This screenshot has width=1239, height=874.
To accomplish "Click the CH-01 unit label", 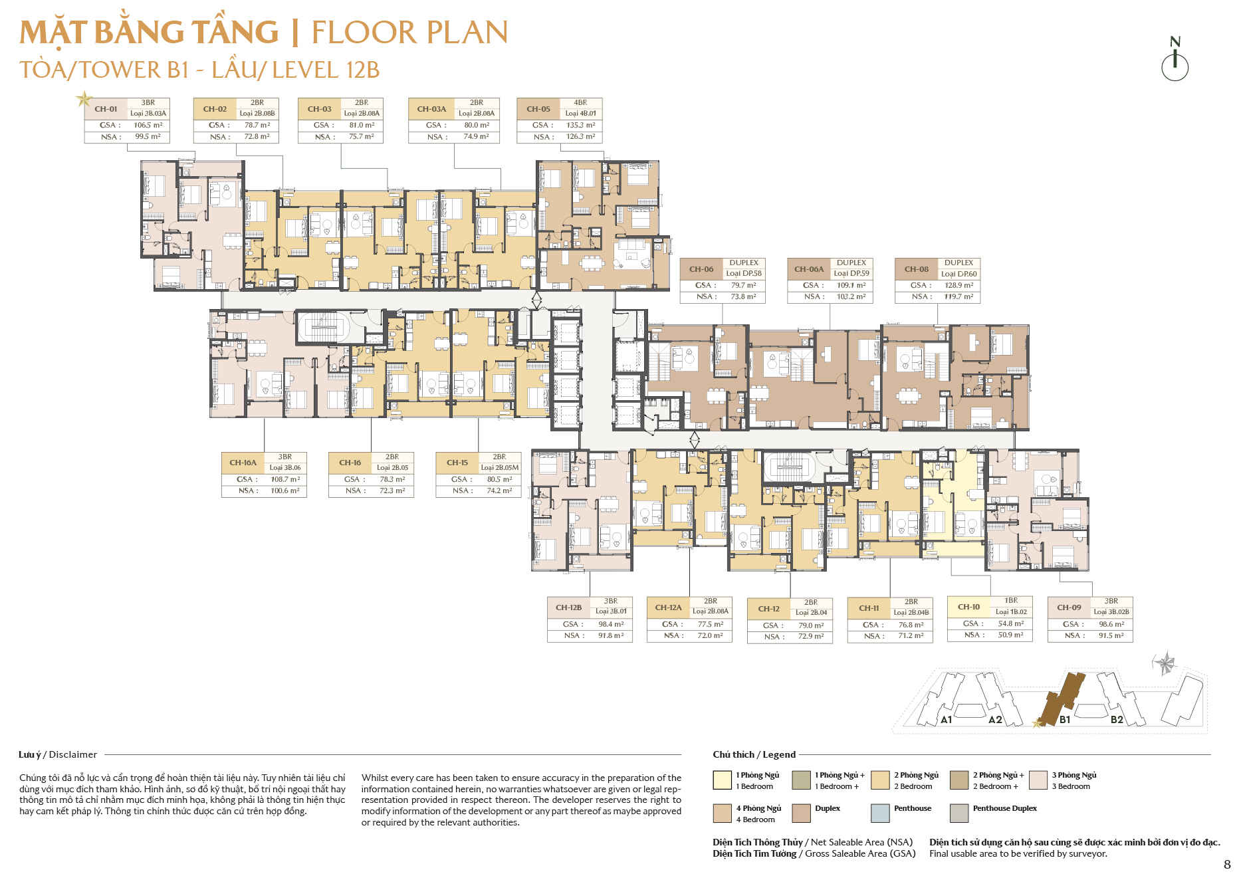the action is [x=106, y=109].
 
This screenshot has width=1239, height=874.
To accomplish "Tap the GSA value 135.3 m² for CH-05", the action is [x=581, y=125].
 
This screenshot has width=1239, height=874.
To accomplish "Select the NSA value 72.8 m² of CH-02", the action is [x=257, y=137].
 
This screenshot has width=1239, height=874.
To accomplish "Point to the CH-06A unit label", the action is [x=809, y=269].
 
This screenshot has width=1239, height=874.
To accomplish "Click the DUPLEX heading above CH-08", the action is [x=958, y=263].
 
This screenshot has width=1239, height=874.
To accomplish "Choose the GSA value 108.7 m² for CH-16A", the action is [x=285, y=479].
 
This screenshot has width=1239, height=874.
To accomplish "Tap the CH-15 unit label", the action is [x=457, y=463].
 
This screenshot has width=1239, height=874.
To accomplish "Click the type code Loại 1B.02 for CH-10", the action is [x=1011, y=611].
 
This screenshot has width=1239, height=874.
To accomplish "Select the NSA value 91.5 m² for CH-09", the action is [x=1111, y=635].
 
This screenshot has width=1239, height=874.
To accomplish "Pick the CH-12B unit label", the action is [x=569, y=607].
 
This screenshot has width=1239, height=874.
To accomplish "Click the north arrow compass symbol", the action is [x=1175, y=59].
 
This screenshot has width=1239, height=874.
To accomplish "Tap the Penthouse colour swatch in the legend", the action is [x=880, y=813].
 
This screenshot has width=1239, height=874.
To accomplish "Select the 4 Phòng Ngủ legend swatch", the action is [x=723, y=813].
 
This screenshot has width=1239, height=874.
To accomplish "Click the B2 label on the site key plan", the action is [x=1117, y=720].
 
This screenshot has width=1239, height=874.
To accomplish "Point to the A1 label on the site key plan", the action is [x=947, y=720].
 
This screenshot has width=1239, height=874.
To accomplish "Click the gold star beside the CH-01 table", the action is [x=84, y=99].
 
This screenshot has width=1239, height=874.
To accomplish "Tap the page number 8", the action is [x=1227, y=865].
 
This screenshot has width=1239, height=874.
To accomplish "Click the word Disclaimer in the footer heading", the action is [x=73, y=754].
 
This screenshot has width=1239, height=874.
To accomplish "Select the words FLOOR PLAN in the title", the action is [x=410, y=33].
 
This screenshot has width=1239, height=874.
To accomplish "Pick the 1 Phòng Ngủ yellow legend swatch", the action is [x=723, y=780].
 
